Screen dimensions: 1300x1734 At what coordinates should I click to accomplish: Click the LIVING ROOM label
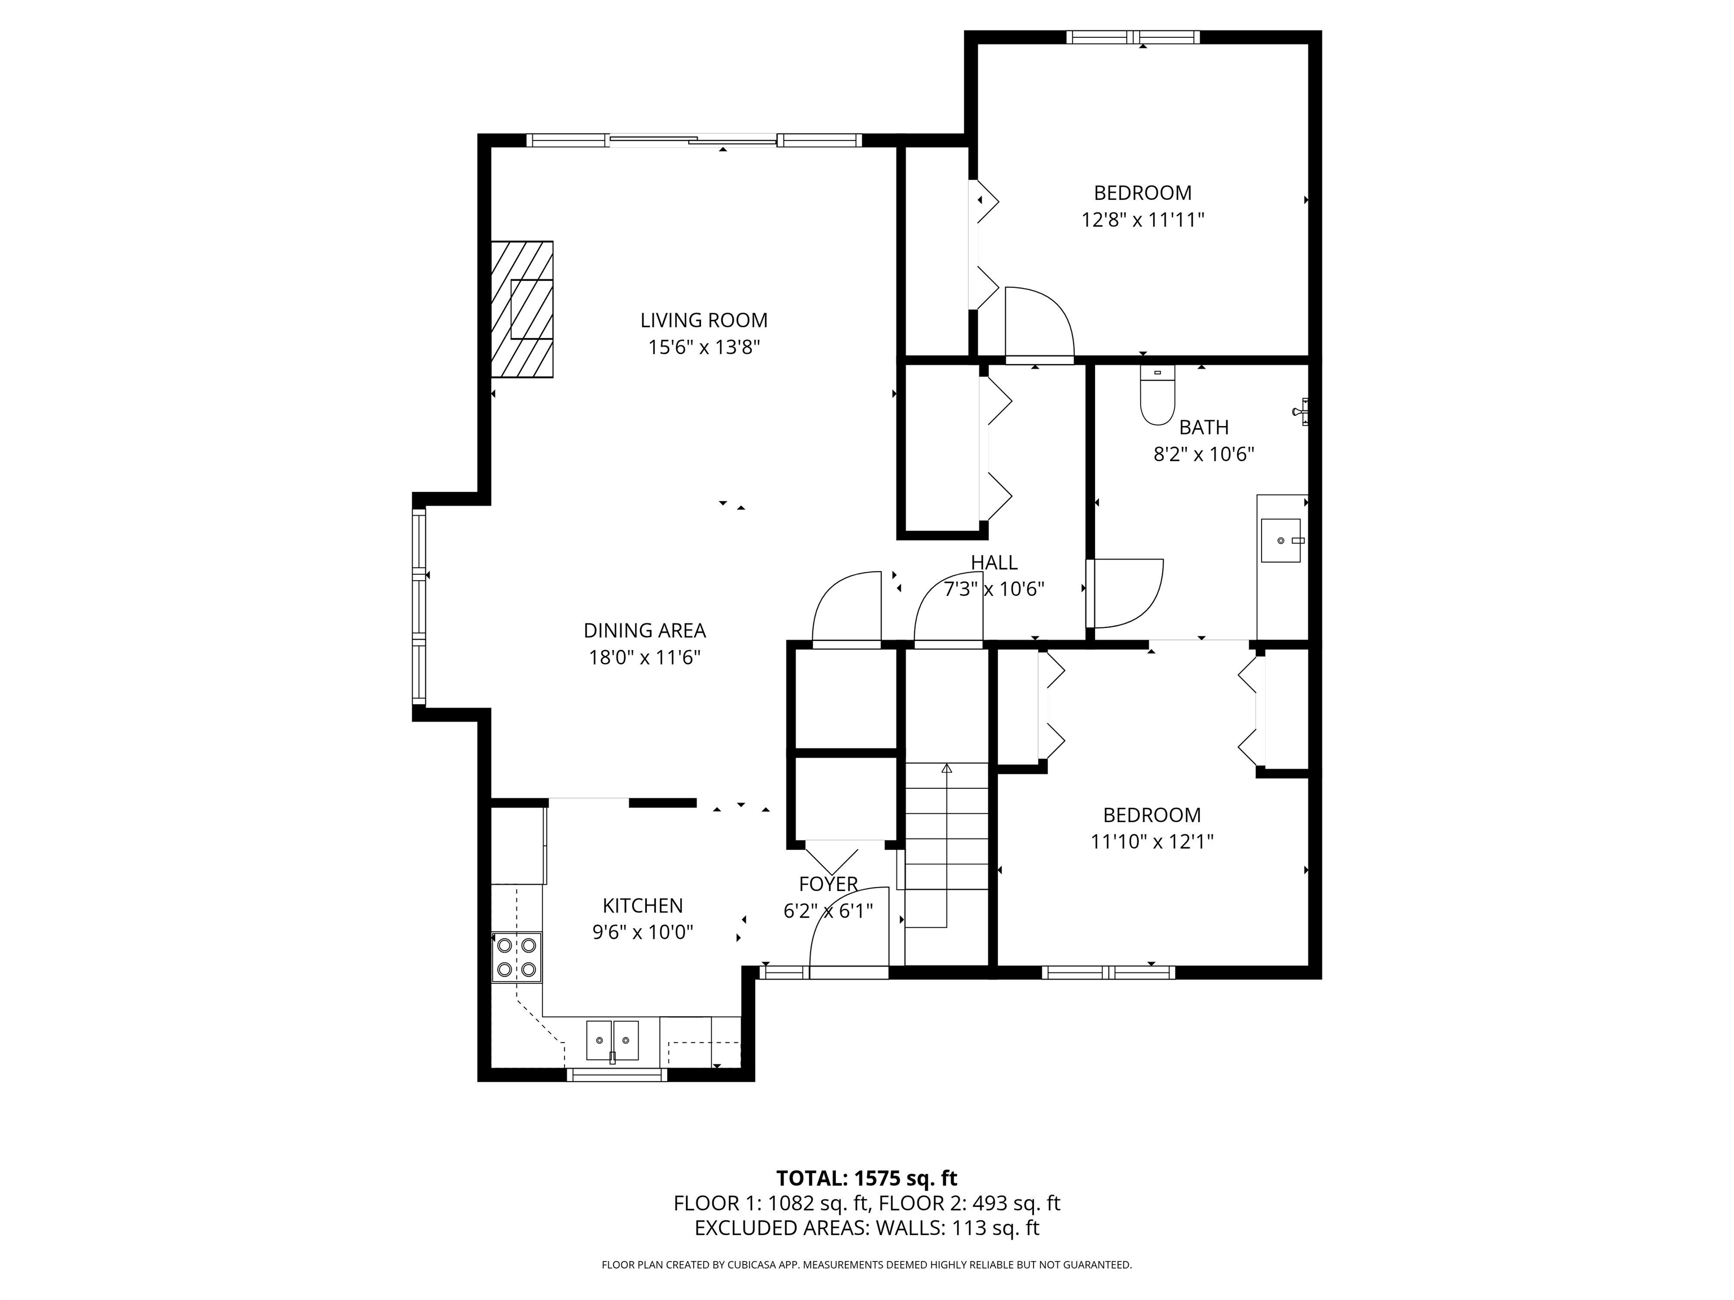[703, 320]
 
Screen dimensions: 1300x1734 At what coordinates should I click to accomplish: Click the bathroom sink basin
[1280, 541]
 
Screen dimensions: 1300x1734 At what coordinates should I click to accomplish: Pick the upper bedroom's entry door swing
[1038, 323]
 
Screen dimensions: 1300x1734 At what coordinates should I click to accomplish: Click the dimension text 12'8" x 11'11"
[1142, 219]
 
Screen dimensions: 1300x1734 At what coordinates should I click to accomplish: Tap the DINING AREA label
[645, 630]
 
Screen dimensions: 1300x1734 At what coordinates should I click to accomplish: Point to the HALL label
[993, 562]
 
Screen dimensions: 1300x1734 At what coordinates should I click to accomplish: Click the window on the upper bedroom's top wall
[1133, 37]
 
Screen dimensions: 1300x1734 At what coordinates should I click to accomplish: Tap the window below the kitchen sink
[616, 1075]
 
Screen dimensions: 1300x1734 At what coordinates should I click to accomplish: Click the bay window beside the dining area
[419, 605]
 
